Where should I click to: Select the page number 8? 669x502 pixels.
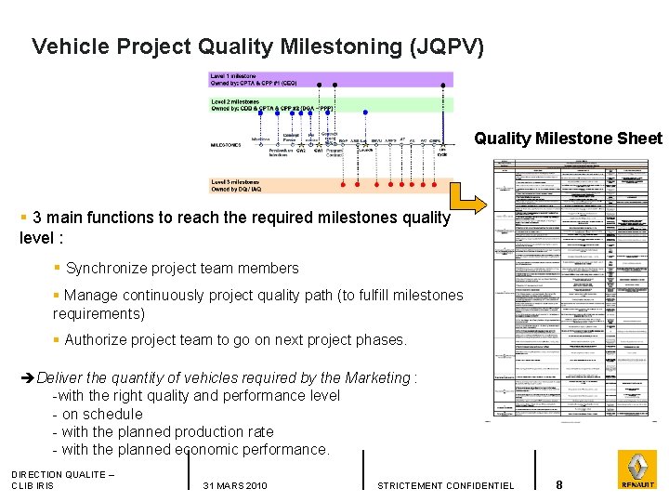pyautogui.click(x=559, y=485)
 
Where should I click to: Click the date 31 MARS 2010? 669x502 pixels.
pyautogui.click(x=234, y=486)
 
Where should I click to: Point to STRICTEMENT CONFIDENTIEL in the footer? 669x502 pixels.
pyautogui.click(x=445, y=486)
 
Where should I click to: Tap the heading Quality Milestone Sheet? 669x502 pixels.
pyautogui.click(x=568, y=139)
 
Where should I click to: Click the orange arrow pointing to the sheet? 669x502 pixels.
pyautogui.click(x=470, y=196)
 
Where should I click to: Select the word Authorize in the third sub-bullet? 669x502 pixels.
pyautogui.click(x=98, y=340)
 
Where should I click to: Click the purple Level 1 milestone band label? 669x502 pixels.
pyautogui.click(x=234, y=75)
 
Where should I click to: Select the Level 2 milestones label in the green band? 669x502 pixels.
pyautogui.click(x=238, y=100)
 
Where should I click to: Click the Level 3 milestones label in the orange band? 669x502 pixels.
pyautogui.click(x=238, y=181)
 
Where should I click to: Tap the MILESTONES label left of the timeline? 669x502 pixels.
pyautogui.click(x=226, y=145)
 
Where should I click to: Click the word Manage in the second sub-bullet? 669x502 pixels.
pyautogui.click(x=90, y=296)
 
